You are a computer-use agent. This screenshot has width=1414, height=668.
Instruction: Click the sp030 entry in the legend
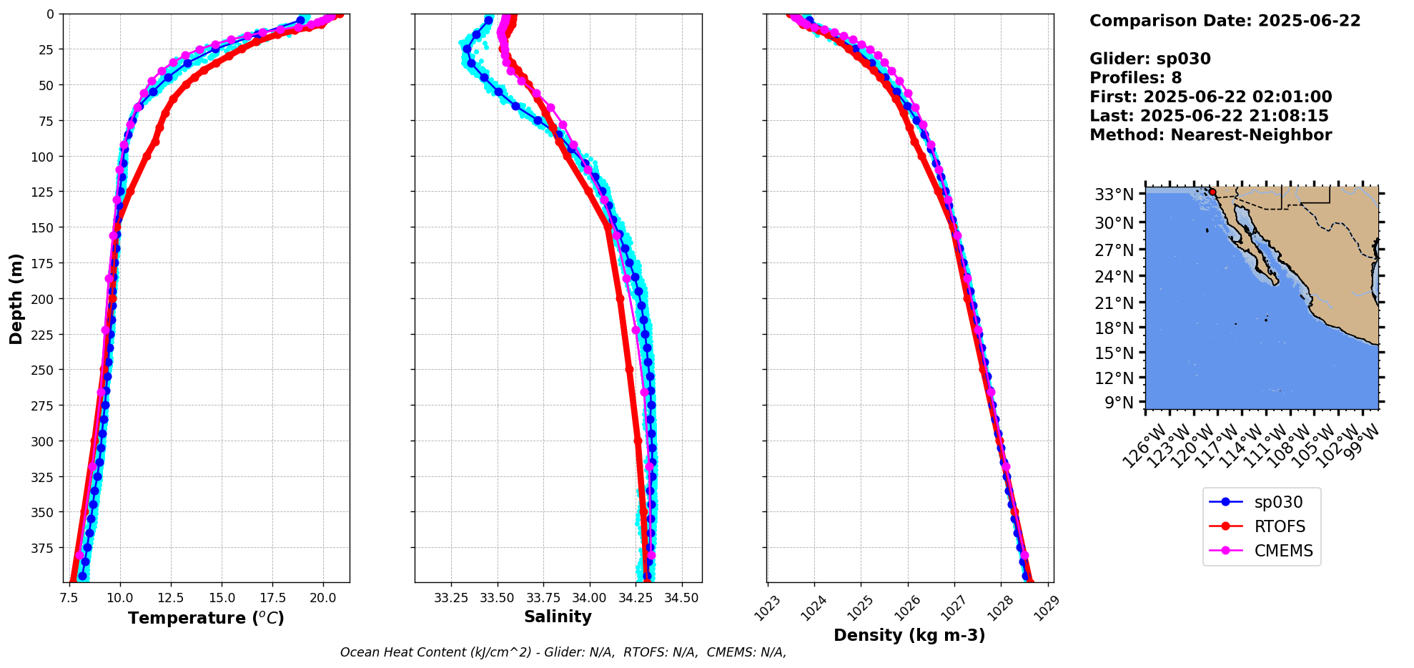click(x=1277, y=502)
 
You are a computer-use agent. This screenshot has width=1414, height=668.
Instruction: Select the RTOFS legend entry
click(x=1279, y=526)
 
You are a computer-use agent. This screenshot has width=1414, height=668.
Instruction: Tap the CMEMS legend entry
click(x=1283, y=551)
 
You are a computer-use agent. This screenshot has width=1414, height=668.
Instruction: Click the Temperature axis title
click(x=206, y=618)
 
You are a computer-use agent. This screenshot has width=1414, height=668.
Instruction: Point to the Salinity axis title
click(x=558, y=617)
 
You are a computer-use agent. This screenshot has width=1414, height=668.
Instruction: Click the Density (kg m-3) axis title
click(x=909, y=635)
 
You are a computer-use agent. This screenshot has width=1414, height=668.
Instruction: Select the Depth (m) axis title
click(x=16, y=298)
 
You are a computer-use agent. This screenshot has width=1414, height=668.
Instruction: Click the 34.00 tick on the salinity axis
click(x=589, y=597)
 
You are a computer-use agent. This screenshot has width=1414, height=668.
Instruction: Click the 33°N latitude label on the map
click(x=1114, y=195)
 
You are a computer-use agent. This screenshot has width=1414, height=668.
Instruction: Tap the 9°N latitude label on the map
click(x=1119, y=403)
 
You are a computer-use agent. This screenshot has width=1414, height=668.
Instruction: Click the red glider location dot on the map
click(x=1212, y=192)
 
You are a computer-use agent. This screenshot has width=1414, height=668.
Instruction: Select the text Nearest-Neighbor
click(x=1251, y=135)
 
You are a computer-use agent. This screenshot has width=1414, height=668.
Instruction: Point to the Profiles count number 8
click(x=1176, y=78)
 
